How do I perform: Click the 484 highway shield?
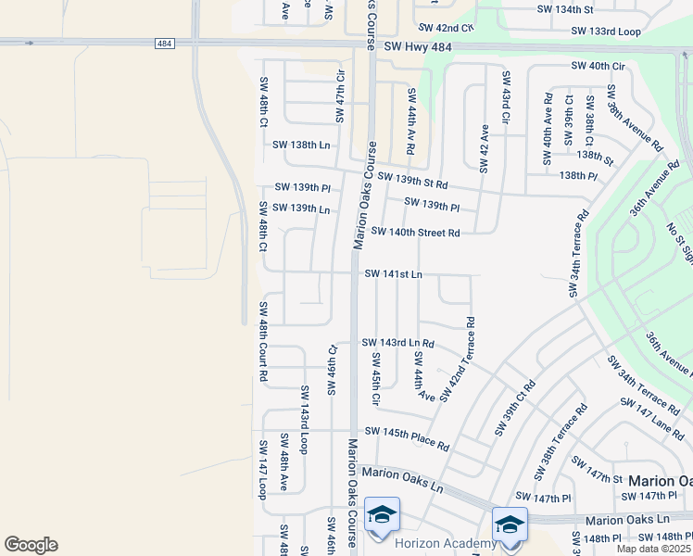pos(165,44)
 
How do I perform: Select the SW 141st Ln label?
pos(393,274)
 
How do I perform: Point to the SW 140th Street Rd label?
pos(415,233)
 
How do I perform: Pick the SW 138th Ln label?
pos(301,145)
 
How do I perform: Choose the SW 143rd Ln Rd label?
pos(397,342)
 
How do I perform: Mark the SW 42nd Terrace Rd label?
pos(458,360)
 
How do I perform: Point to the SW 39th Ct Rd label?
pos(515,407)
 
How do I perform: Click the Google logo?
pos(31,545)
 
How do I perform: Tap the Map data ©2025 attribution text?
pos(654,549)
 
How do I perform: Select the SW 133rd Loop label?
pos(606,31)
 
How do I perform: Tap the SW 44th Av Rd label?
pos(409,120)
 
